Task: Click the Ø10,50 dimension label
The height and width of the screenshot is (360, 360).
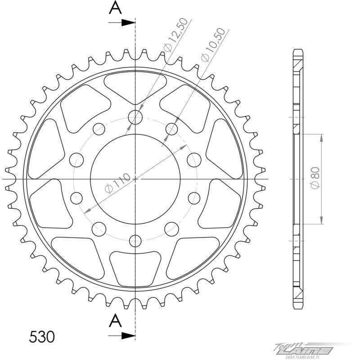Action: [x=213, y=45]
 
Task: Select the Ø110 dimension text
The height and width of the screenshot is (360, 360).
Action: [x=117, y=183]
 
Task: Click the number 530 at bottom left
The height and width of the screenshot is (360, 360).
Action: [x=42, y=337]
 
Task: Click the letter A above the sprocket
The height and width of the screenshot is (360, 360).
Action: [x=115, y=8]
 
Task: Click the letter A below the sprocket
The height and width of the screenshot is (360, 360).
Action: [x=115, y=320]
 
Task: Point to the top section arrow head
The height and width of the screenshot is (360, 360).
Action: [x=128, y=22]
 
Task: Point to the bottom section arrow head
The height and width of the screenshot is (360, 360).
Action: [x=128, y=336]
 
